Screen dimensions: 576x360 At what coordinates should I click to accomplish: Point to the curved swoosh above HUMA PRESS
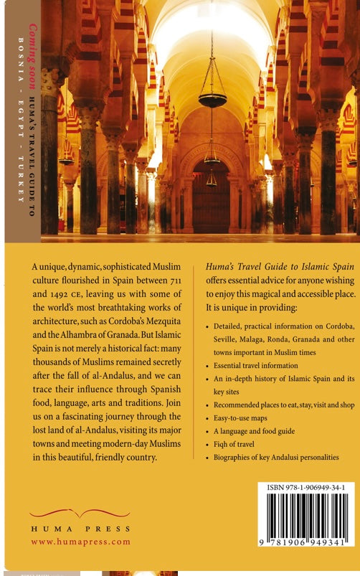[70, 514]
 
